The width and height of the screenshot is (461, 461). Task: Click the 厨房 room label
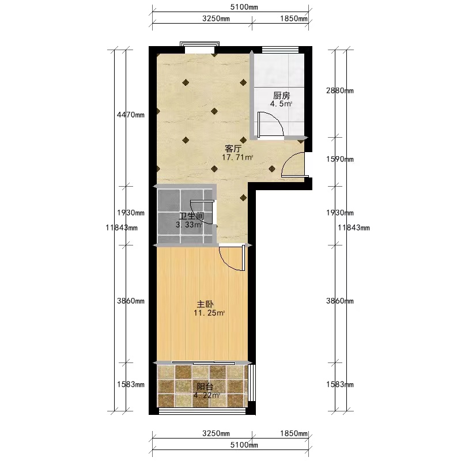tap(281, 95)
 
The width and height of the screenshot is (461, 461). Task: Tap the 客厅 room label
tap(233, 149)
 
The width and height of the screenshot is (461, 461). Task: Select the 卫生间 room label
tap(191, 217)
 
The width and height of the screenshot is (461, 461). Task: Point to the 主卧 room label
tap(205, 304)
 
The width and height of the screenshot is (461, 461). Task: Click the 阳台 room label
tap(205, 386)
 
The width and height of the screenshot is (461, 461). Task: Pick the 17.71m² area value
tap(237, 157)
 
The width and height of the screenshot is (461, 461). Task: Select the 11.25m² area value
tap(209, 313)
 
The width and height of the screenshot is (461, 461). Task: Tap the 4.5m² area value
tap(281, 104)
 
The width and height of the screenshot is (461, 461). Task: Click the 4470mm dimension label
tap(131, 115)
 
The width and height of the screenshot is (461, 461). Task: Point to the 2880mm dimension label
tap(340, 90)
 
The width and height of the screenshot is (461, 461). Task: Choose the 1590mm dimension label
tap(340, 159)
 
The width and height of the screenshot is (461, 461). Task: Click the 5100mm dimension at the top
tap(244, 7)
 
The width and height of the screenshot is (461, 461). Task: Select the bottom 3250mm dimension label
tap(216, 433)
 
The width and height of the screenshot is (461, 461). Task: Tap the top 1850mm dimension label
tap(294, 18)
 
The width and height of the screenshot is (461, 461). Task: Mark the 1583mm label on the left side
tap(131, 384)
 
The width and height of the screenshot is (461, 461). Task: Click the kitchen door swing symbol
tap(270, 124)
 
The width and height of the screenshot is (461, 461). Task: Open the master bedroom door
tap(232, 258)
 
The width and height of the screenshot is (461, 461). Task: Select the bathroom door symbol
tap(202, 212)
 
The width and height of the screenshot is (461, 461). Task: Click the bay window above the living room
tap(199, 46)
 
